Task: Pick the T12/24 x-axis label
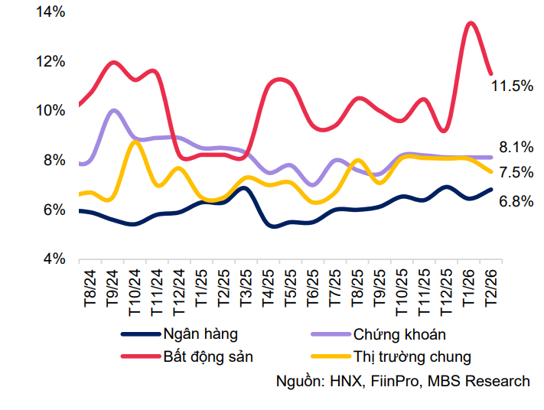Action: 181,291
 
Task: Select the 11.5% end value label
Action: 512,86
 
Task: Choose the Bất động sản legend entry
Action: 207,356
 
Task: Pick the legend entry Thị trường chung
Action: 412,356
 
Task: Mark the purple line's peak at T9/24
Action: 114,110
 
